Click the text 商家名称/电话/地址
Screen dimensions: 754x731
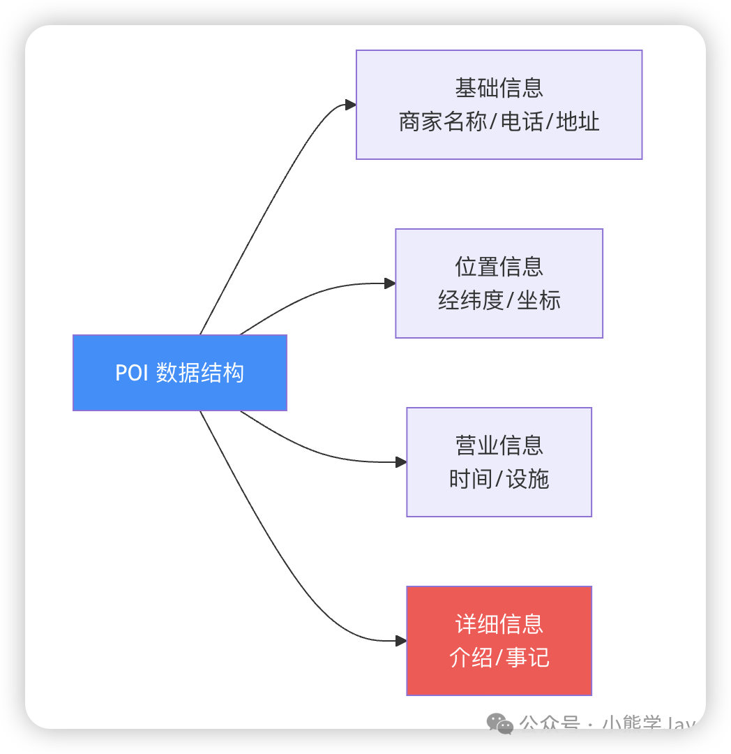click(x=499, y=122)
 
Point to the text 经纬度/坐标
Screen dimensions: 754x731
click(x=499, y=301)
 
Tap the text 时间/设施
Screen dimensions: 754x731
click(x=499, y=480)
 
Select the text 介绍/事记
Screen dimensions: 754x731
click(x=499, y=658)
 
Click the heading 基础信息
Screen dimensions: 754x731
click(x=499, y=88)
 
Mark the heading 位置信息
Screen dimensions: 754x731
click(x=499, y=267)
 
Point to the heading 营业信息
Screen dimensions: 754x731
click(x=499, y=445)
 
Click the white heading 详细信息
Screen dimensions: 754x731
click(x=499, y=624)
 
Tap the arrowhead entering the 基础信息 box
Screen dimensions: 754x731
click(x=351, y=105)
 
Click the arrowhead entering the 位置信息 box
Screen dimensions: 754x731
click(x=390, y=283)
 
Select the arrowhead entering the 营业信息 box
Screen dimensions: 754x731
click(x=401, y=462)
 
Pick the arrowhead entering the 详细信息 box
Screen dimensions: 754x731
click(x=401, y=641)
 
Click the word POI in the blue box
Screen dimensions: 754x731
click(x=132, y=373)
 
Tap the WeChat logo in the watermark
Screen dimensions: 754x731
click(x=500, y=724)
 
